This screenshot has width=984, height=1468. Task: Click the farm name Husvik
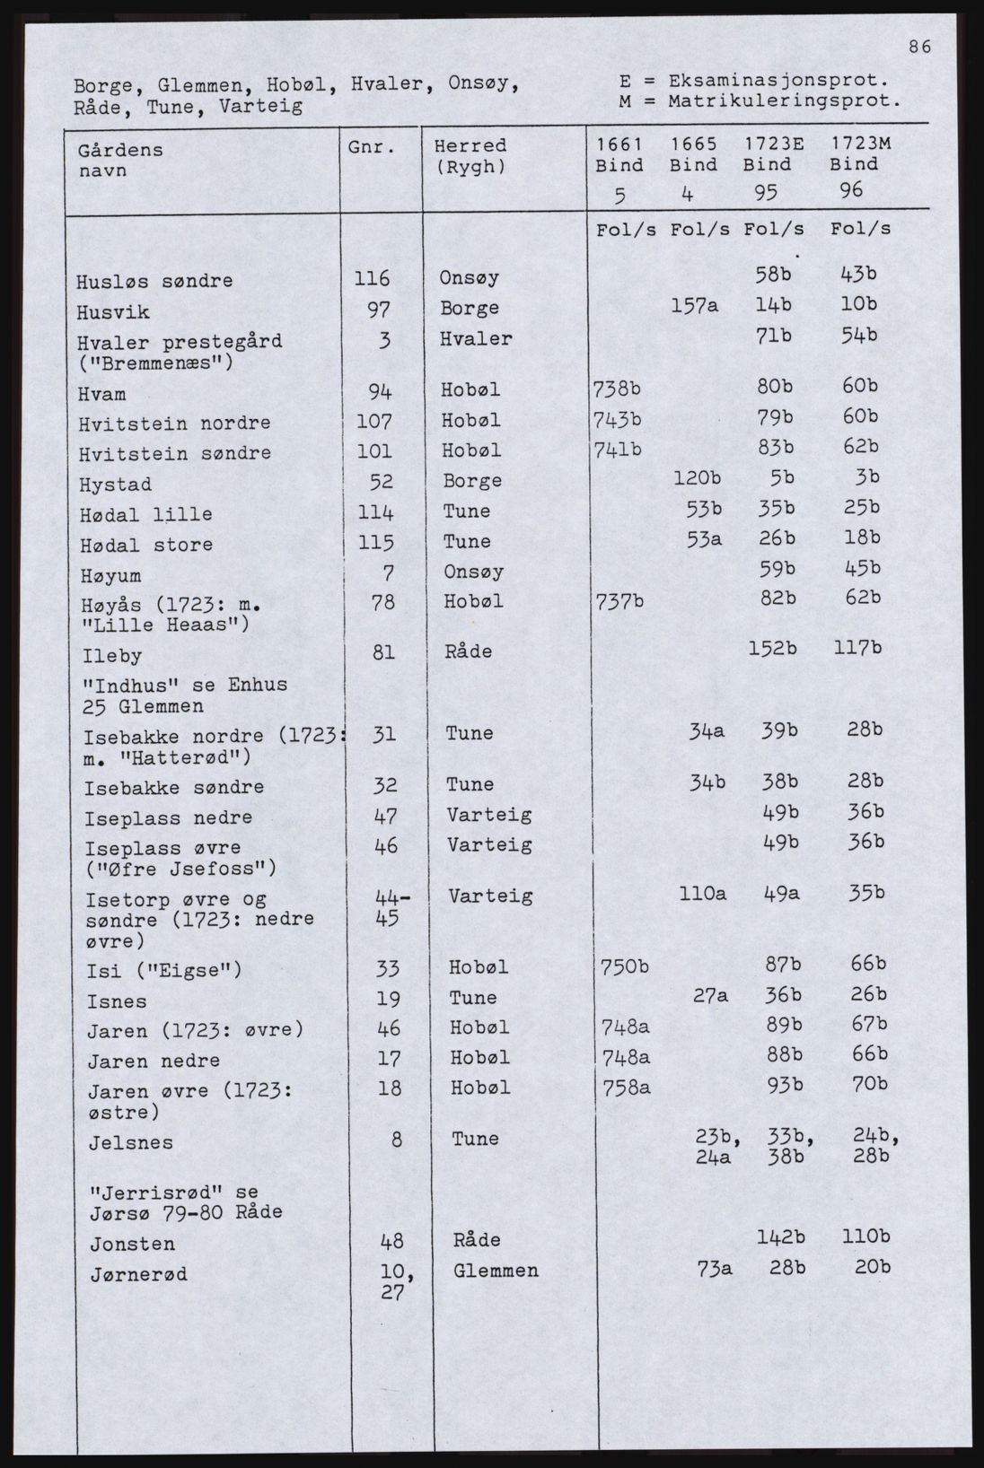[114, 312]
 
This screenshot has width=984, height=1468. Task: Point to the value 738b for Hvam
[617, 389]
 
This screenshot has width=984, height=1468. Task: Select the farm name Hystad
[115, 485]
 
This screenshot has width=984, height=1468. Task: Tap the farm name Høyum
[110, 575]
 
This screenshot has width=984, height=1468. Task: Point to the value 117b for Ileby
[855, 648]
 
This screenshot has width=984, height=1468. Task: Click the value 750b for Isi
[624, 966]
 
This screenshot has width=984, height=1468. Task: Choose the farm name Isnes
[117, 1001]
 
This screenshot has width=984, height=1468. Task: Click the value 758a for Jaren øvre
[624, 1087]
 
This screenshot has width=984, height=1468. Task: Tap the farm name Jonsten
[132, 1245]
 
